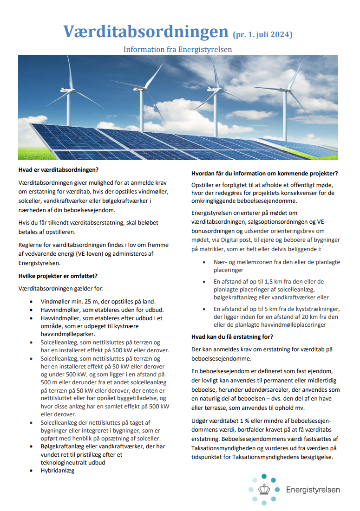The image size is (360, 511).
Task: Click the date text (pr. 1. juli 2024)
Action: point(262,34)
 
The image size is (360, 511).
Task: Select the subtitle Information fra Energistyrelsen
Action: point(177,49)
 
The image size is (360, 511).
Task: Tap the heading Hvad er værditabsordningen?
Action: point(59,169)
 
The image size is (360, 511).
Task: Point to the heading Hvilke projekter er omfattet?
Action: point(58,276)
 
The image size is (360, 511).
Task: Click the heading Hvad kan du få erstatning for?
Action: point(232,336)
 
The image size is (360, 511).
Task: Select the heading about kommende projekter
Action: point(264,174)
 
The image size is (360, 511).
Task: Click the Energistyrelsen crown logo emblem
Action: point(264,489)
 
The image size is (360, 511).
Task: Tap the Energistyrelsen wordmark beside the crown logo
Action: point(313,490)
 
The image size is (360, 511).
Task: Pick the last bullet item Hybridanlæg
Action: point(58,470)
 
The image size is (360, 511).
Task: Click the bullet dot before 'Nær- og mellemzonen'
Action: point(204,262)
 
